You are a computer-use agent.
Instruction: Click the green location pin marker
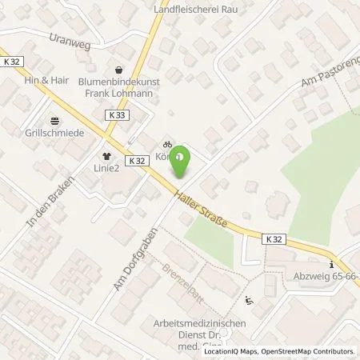tap(182, 161)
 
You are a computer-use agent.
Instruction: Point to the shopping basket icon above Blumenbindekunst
tap(119, 70)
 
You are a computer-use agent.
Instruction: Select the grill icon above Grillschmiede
tap(54, 122)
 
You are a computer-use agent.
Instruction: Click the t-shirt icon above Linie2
tap(104, 158)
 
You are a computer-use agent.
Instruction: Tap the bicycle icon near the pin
tap(166, 143)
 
